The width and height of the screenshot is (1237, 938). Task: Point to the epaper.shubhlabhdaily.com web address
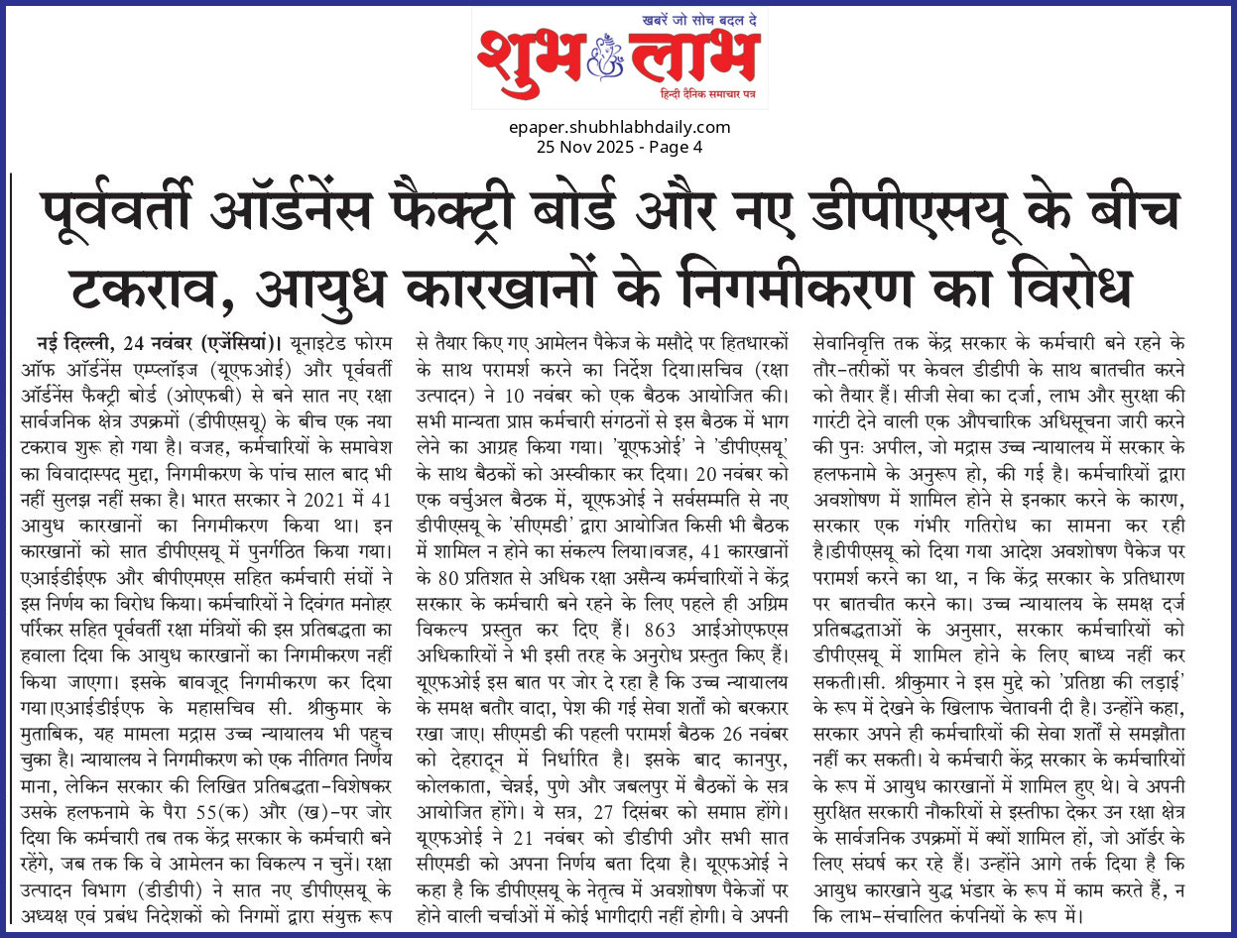pyautogui.click(x=618, y=127)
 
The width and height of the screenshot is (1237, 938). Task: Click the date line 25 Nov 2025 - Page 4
pyautogui.click(x=618, y=147)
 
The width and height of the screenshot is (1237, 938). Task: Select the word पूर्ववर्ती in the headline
pyautogui.click(x=136, y=212)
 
